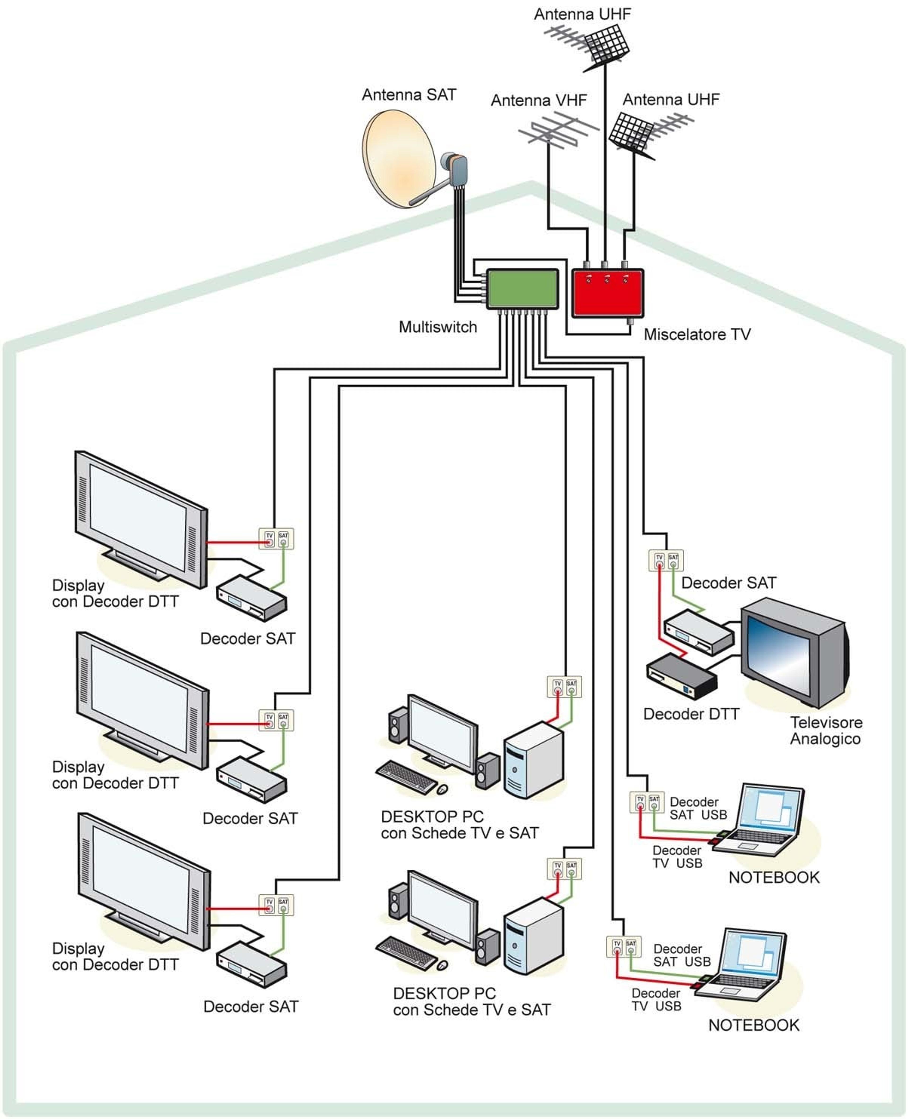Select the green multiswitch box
tap(522, 289)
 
